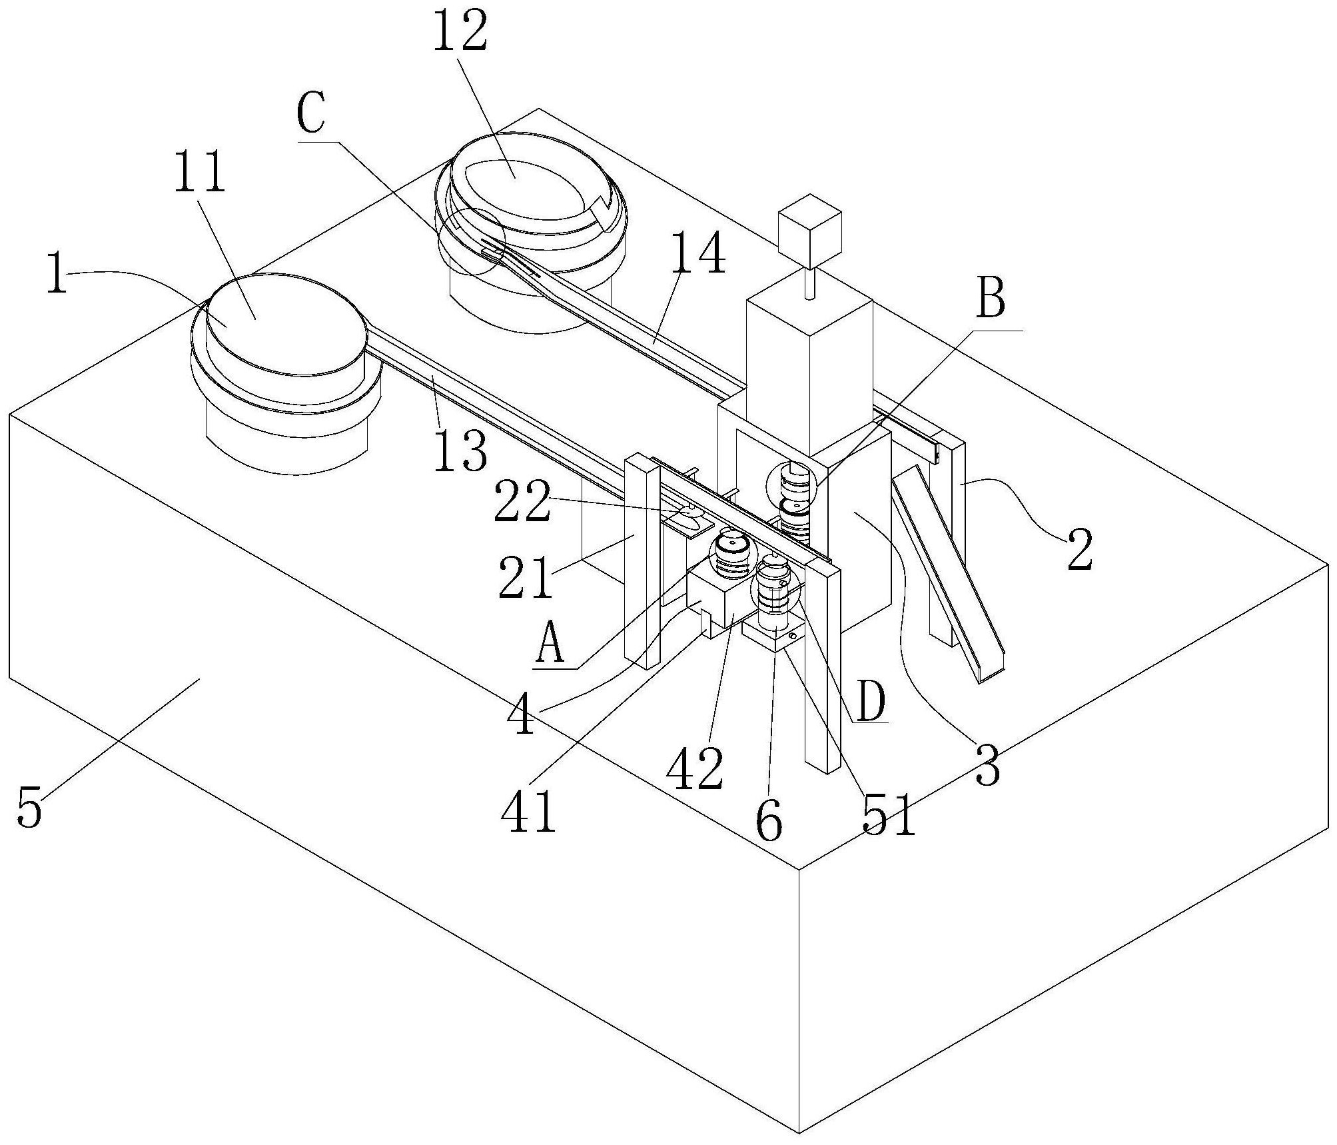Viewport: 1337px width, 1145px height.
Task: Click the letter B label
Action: pyautogui.click(x=991, y=301)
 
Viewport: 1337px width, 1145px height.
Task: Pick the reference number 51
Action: pyautogui.click(x=889, y=814)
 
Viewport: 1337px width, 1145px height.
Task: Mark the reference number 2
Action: pyautogui.click(x=1080, y=550)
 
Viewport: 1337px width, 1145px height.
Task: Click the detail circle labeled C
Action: pyautogui.click(x=472, y=241)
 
